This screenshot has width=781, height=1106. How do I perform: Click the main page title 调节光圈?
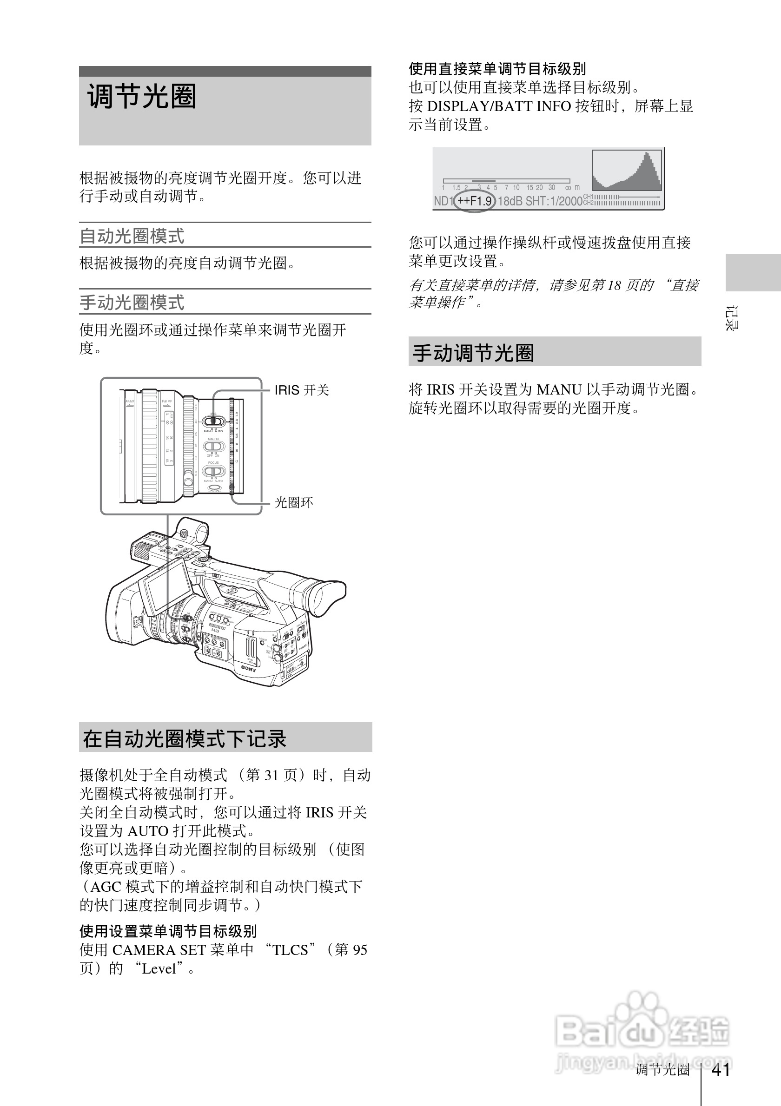[142, 96]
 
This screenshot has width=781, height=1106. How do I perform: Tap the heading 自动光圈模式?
[132, 236]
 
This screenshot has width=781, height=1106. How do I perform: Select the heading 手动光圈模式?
[132, 303]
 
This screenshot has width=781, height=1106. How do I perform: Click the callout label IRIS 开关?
[302, 390]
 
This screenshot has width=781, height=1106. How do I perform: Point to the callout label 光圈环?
[294, 502]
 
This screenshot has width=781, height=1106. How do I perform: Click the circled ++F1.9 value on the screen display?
[475, 201]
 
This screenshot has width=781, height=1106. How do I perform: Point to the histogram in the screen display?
[627, 171]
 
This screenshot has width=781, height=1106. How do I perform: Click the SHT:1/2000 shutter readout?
[554, 201]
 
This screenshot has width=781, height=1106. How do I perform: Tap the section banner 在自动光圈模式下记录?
[185, 739]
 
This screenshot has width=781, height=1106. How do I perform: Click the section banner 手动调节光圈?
[474, 353]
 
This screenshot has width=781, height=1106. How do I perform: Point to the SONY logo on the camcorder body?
[249, 668]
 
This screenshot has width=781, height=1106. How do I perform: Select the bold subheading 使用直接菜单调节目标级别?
[497, 69]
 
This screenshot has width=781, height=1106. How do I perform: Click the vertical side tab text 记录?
[731, 318]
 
